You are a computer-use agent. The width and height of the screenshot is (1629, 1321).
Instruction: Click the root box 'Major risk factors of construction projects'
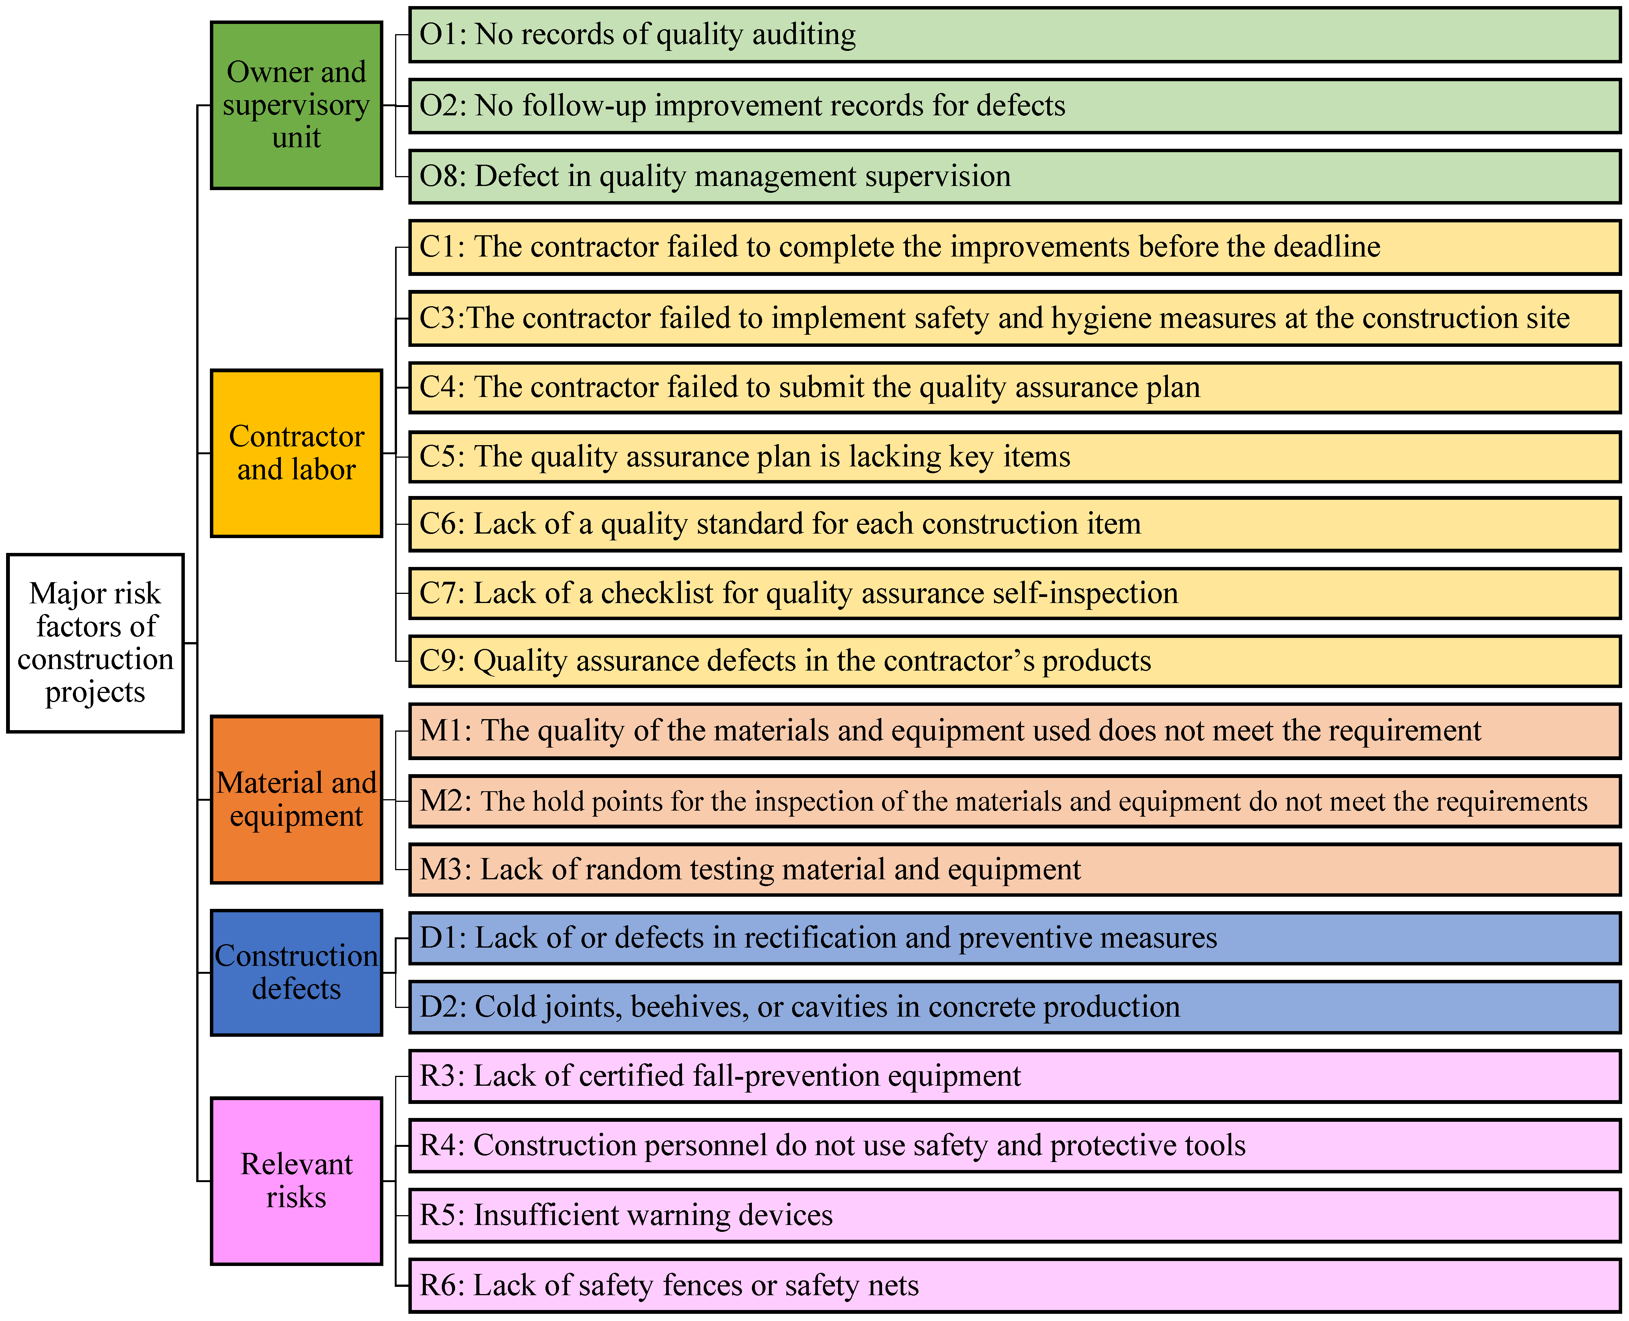(95, 643)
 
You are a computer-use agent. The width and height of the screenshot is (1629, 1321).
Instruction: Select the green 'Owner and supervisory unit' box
(296, 105)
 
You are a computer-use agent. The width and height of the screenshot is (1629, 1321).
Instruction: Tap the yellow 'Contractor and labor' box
(296, 453)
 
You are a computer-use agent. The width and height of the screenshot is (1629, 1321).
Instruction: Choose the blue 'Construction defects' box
(296, 973)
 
